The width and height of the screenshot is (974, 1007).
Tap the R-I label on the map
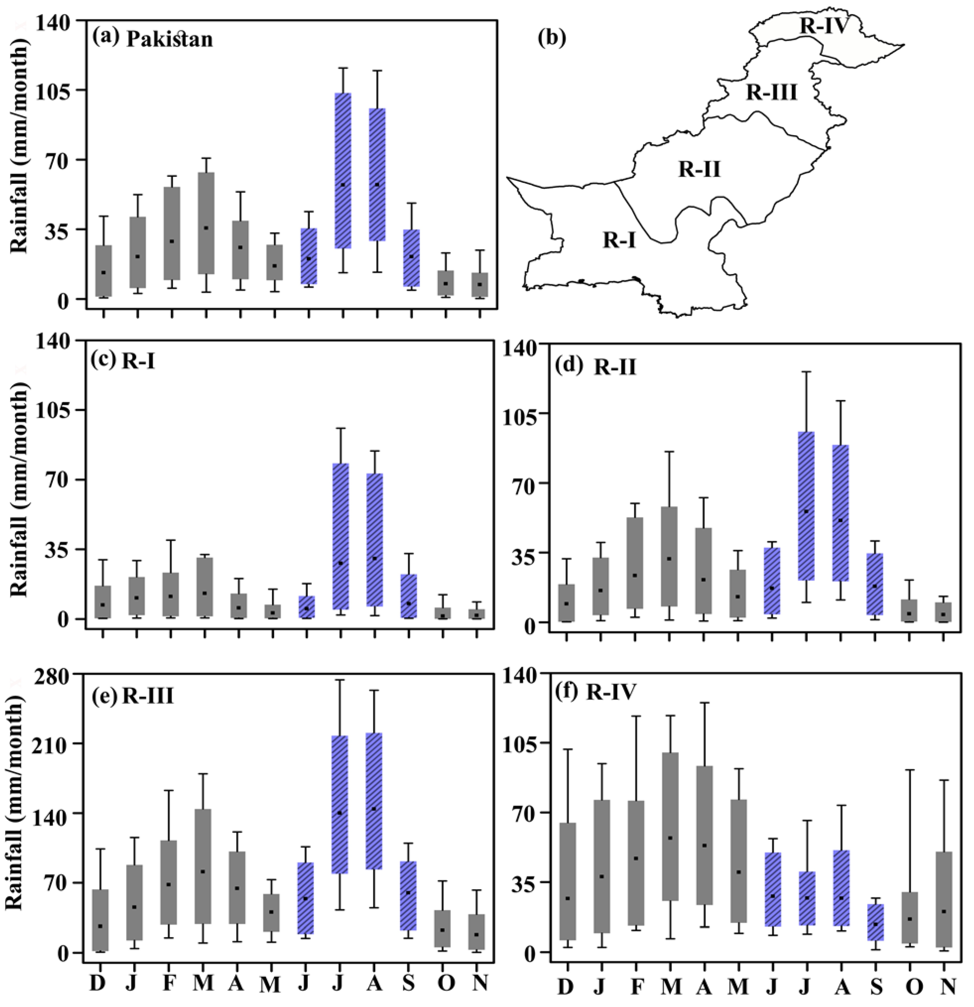[x=619, y=240]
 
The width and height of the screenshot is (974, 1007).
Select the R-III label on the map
[x=771, y=93]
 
